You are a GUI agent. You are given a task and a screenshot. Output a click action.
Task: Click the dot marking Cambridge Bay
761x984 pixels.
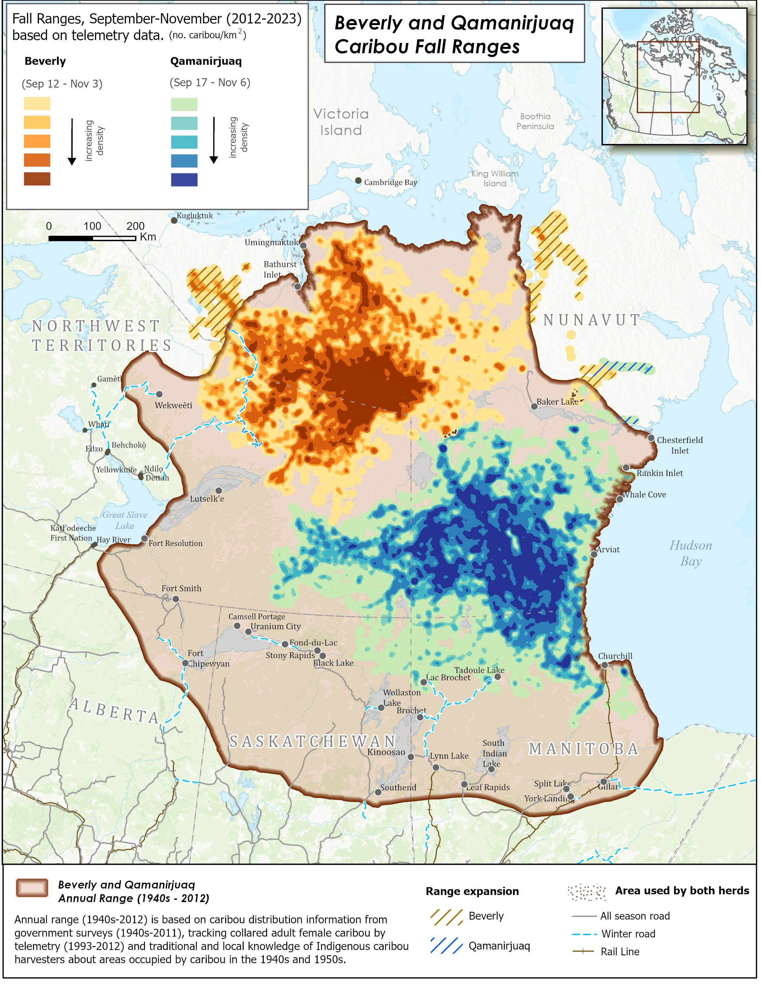pyautogui.click(x=359, y=181)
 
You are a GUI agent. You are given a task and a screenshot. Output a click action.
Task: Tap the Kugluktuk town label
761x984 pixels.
pyautogui.click(x=194, y=216)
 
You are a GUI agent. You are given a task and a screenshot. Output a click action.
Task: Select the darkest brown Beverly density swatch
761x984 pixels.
pyautogui.click(x=37, y=179)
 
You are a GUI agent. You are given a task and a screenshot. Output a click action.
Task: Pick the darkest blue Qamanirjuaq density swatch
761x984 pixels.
pyautogui.click(x=184, y=180)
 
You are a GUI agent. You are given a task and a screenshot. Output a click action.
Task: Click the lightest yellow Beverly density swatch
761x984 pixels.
pyautogui.click(x=37, y=104)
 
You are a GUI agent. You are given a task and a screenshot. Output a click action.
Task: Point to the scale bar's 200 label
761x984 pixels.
pyautogui.click(x=135, y=226)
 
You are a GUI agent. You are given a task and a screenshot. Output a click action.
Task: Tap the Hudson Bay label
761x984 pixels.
pyautogui.click(x=690, y=553)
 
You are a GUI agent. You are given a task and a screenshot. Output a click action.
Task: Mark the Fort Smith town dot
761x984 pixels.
pyautogui.click(x=176, y=599)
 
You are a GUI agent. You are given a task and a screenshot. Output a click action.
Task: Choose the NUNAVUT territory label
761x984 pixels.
pyautogui.click(x=592, y=320)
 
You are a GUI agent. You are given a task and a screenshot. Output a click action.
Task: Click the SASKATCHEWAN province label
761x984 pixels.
pyautogui.click(x=312, y=742)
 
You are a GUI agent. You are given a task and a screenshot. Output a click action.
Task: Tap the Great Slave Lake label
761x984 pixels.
pyautogui.click(x=125, y=520)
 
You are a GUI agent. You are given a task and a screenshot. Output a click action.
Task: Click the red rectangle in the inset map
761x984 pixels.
pyautogui.click(x=668, y=77)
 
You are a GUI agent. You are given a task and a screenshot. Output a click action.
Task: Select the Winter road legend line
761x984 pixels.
pyautogui.click(x=584, y=934)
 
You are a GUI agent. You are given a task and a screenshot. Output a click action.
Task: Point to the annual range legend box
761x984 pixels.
pyautogui.click(x=32, y=888)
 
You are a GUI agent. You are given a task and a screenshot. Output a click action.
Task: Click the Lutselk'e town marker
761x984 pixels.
pyautogui.click(x=218, y=491)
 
